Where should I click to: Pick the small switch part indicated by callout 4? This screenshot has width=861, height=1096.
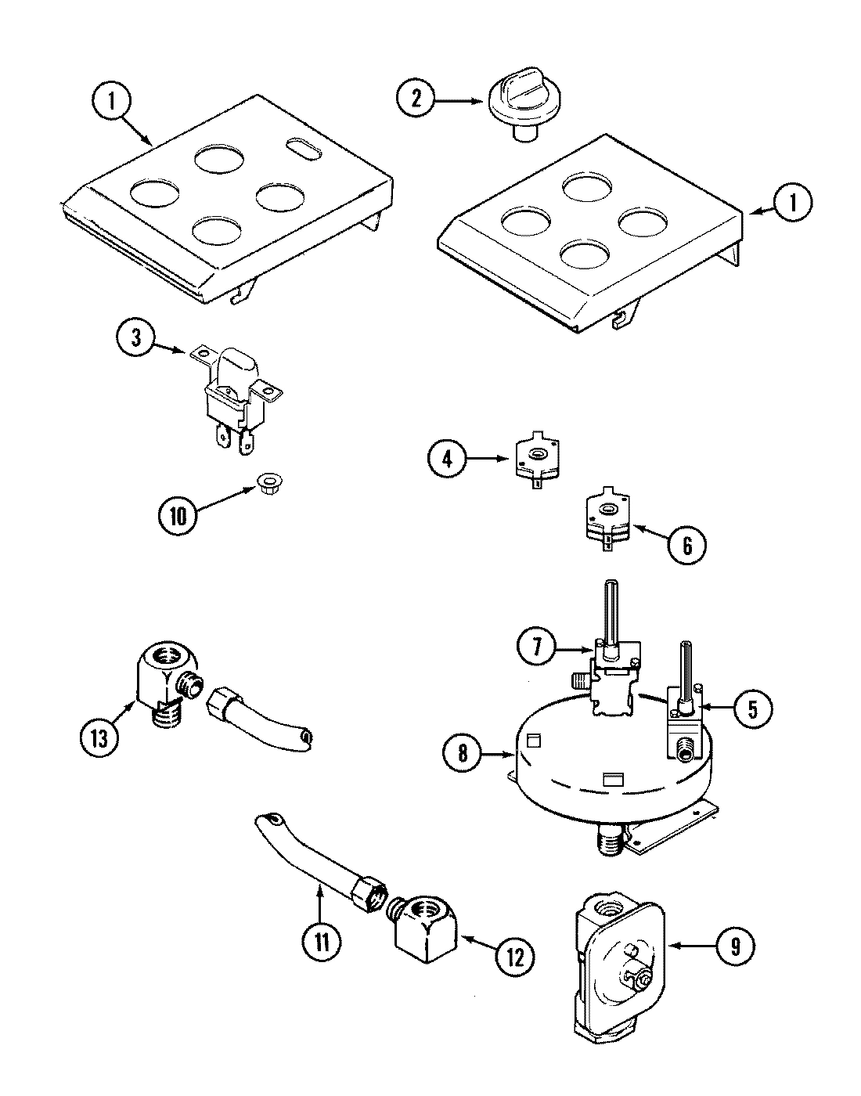537,463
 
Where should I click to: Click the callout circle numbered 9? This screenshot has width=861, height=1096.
733,946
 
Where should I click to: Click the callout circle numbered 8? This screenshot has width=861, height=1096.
463,753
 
